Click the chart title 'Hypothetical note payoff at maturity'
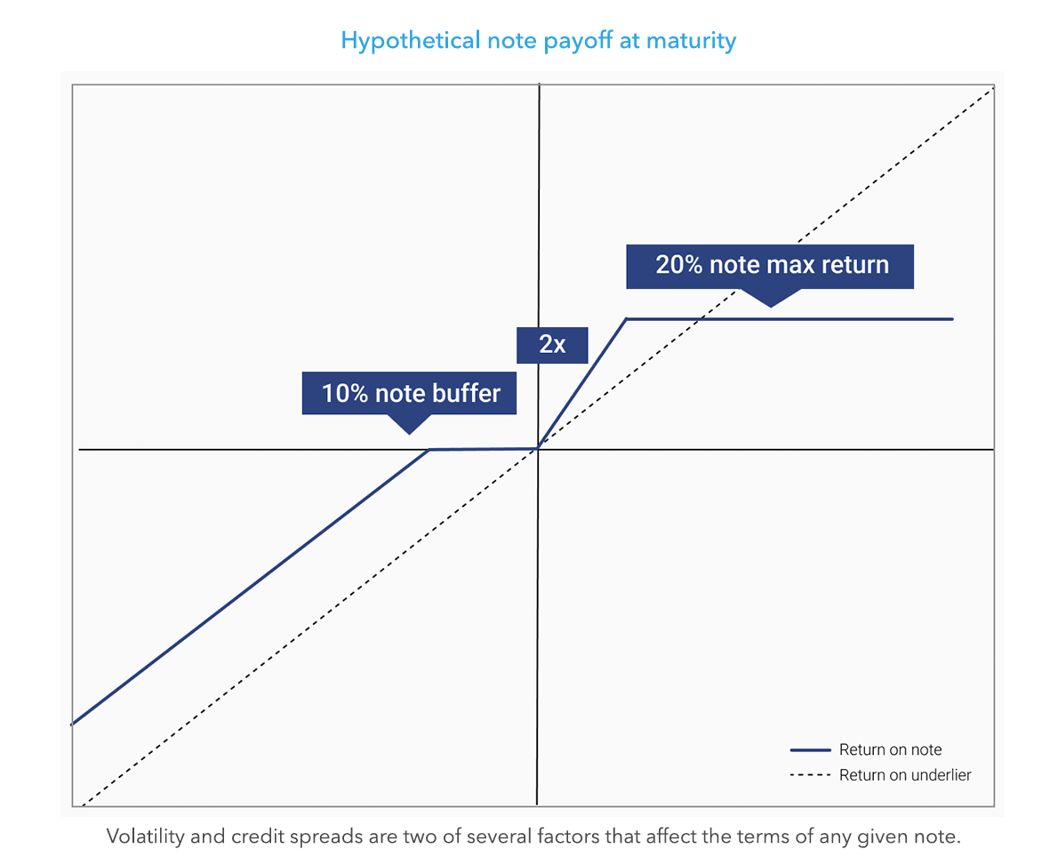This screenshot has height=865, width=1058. tap(539, 41)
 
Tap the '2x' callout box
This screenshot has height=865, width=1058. tap(552, 345)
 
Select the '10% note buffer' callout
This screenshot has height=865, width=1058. tap(410, 393)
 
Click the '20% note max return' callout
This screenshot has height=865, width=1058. tap(771, 265)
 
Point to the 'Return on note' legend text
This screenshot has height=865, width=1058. tap(890, 749)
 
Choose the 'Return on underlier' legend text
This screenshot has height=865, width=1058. tap(905, 775)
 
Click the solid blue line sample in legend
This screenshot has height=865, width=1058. tap(810, 749)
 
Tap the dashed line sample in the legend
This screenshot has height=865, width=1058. tap(810, 775)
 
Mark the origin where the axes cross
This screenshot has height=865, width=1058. tap(538, 449)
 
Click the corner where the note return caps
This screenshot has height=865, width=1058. tap(627, 318)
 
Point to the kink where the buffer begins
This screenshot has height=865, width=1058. tap(430, 449)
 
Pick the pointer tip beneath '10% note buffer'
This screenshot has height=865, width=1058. tap(409, 433)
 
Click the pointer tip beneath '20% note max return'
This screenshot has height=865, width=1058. tap(771, 307)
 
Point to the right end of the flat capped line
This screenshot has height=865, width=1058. tap(952, 318)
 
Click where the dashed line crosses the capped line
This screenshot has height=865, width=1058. tap(702, 318)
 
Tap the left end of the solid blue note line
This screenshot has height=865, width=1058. tap(73, 724)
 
